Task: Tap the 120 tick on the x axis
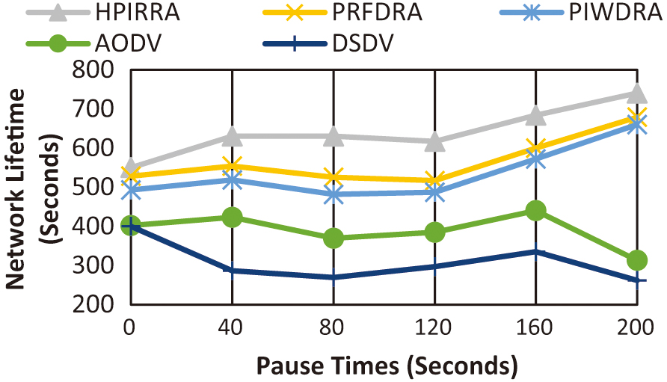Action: pos(434,327)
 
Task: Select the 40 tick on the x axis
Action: pos(232,327)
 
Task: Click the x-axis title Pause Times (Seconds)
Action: pos(387,366)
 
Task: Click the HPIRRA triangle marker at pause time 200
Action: pos(637,93)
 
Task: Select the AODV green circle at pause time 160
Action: pos(535,211)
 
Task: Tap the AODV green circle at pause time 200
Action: pos(637,260)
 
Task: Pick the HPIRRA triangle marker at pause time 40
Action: pos(232,136)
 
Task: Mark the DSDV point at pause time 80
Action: pos(333,277)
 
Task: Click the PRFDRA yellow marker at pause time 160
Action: pos(535,147)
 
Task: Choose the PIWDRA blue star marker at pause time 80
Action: pos(333,194)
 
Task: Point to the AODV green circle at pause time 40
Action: pos(232,217)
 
